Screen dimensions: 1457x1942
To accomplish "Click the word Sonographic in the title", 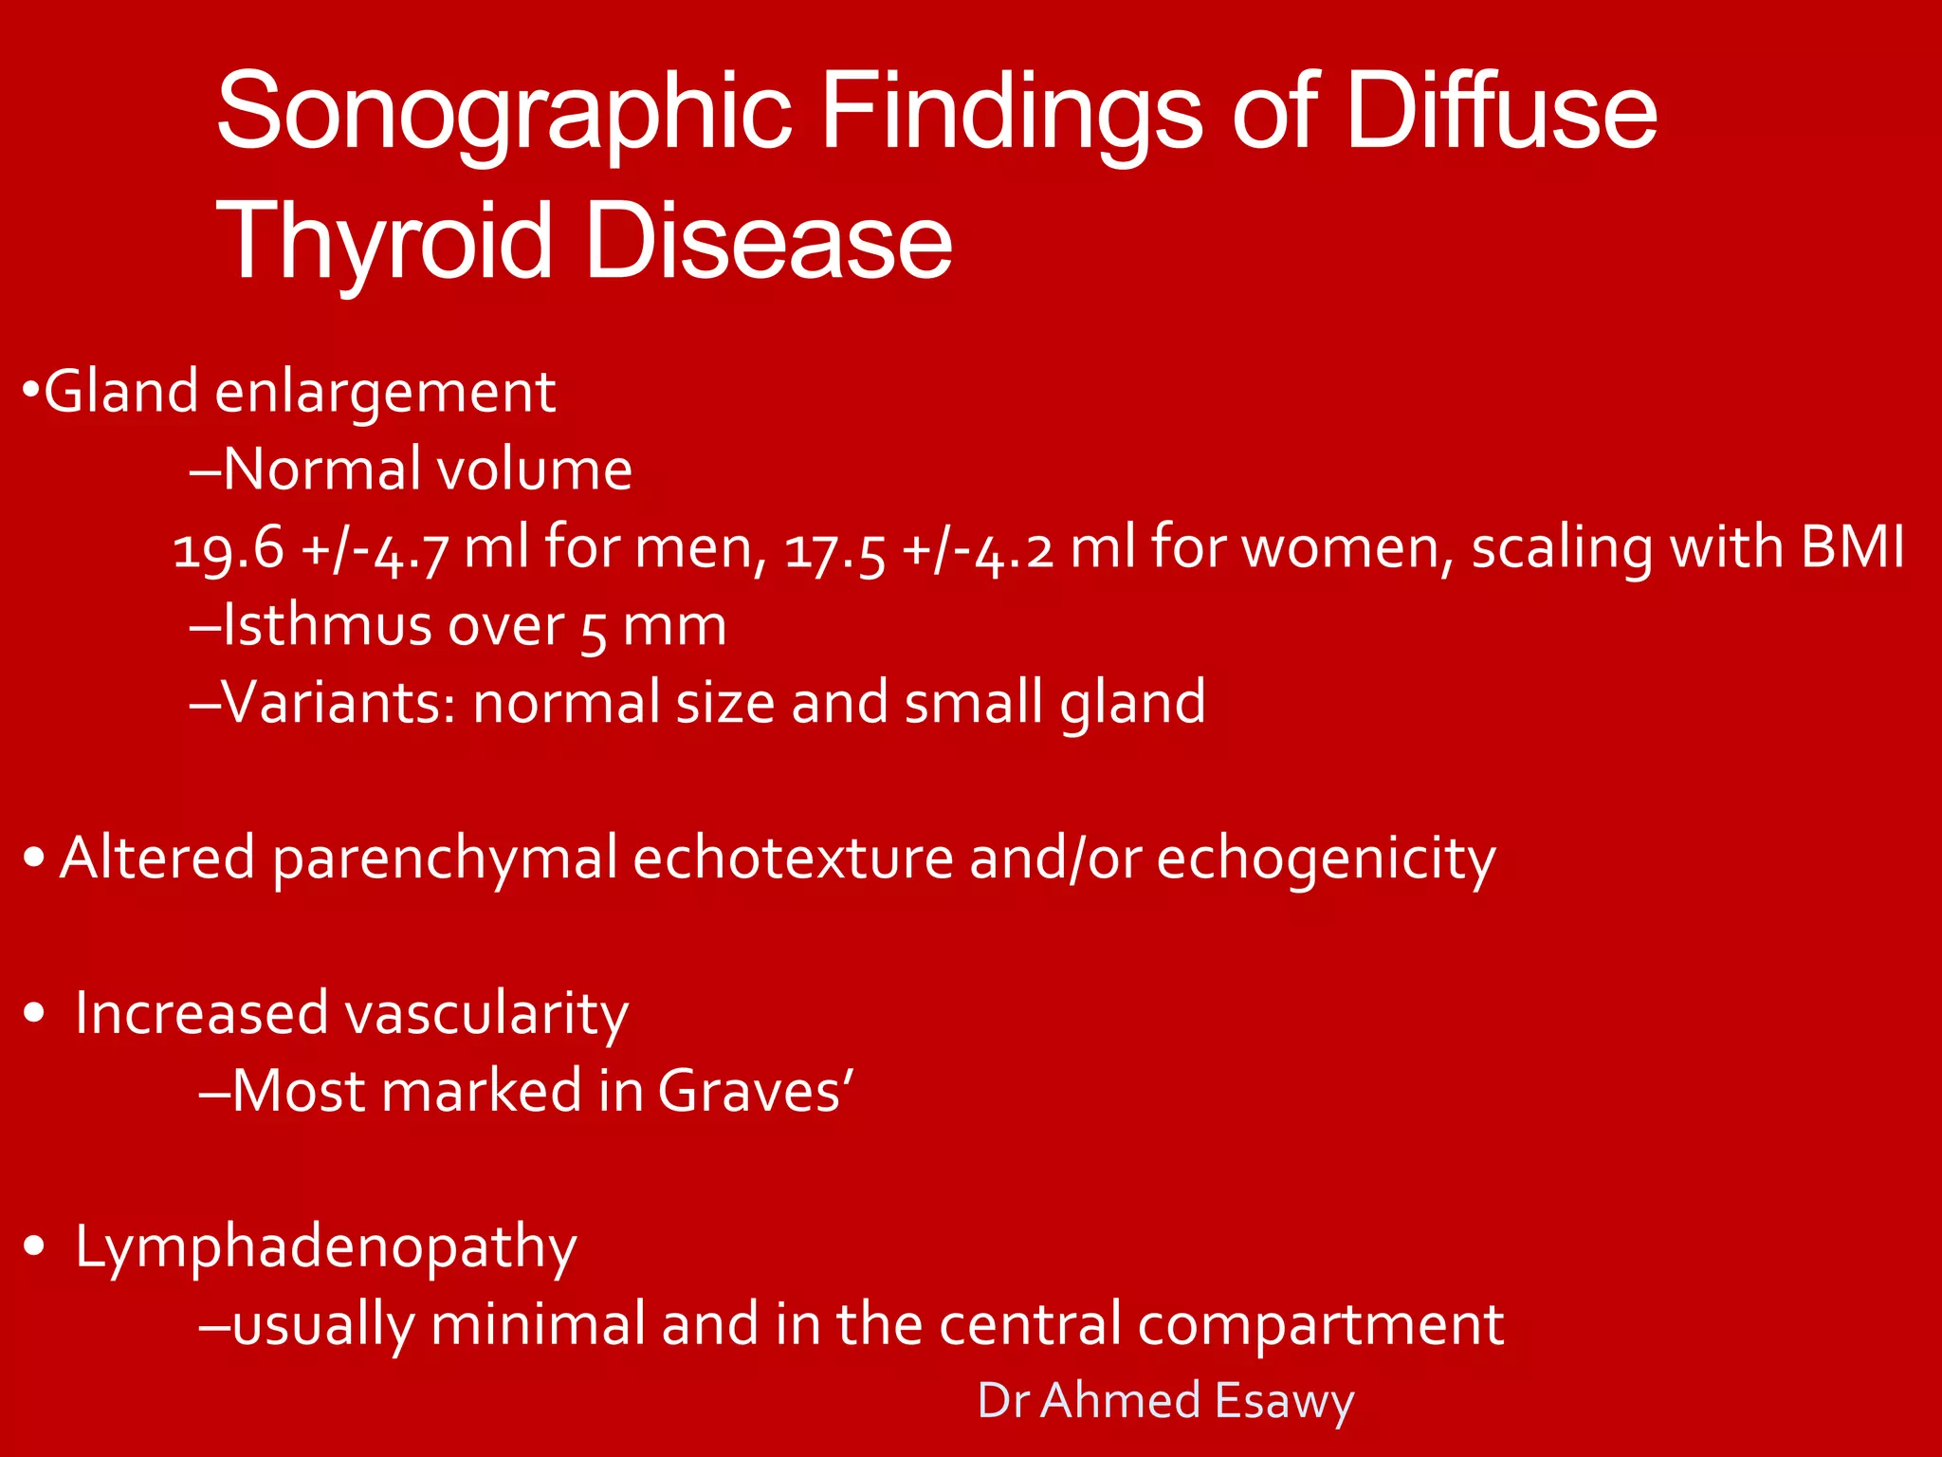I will (x=504, y=112).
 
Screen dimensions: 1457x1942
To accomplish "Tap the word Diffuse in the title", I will (x=1501, y=112).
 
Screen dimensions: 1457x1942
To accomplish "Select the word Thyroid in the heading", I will (x=384, y=242).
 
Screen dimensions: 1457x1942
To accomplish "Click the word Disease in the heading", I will (x=769, y=242).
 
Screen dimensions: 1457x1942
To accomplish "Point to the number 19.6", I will (x=229, y=549).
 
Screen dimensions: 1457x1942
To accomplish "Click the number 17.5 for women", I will (x=835, y=549).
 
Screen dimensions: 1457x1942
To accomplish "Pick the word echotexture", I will (x=793, y=858).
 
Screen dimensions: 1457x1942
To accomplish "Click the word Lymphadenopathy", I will (x=325, y=1247).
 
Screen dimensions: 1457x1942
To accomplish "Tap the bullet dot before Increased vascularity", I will (x=35, y=1014).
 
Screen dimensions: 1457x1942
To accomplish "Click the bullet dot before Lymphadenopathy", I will (x=35, y=1246).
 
